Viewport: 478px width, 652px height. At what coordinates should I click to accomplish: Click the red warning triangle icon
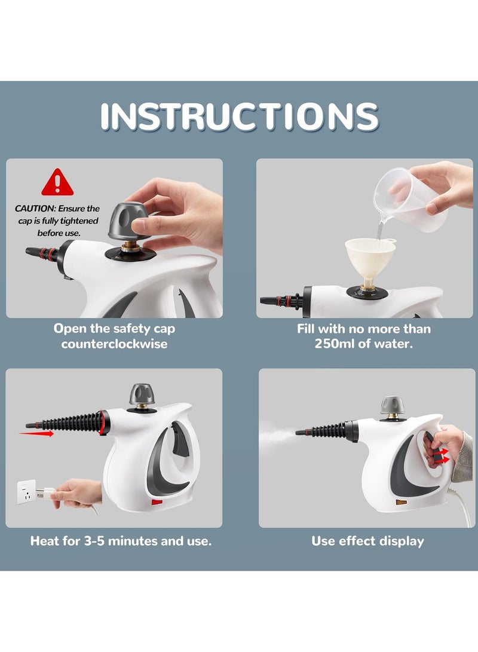point(57,183)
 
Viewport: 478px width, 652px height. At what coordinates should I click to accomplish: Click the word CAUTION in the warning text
point(35,209)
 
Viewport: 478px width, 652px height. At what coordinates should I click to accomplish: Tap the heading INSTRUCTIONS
point(240,116)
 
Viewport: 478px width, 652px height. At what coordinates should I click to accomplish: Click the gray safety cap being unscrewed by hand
point(128,221)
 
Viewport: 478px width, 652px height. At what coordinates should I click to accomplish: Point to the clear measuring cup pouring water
point(409,200)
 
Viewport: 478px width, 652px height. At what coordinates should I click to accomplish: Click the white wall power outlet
point(26,491)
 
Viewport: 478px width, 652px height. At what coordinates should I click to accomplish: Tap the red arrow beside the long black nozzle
point(36,434)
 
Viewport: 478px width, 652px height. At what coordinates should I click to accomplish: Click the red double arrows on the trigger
point(443,456)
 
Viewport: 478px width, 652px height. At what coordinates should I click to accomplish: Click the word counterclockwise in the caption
point(114,344)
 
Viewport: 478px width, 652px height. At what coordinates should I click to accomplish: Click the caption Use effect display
point(367,541)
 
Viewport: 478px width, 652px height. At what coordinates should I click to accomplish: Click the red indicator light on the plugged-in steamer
point(157,503)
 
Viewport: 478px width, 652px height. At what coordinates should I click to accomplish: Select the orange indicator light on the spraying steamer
point(401,503)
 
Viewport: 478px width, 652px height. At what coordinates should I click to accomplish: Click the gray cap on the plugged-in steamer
point(142,394)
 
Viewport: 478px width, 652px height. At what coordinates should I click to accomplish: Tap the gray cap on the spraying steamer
point(393,405)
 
